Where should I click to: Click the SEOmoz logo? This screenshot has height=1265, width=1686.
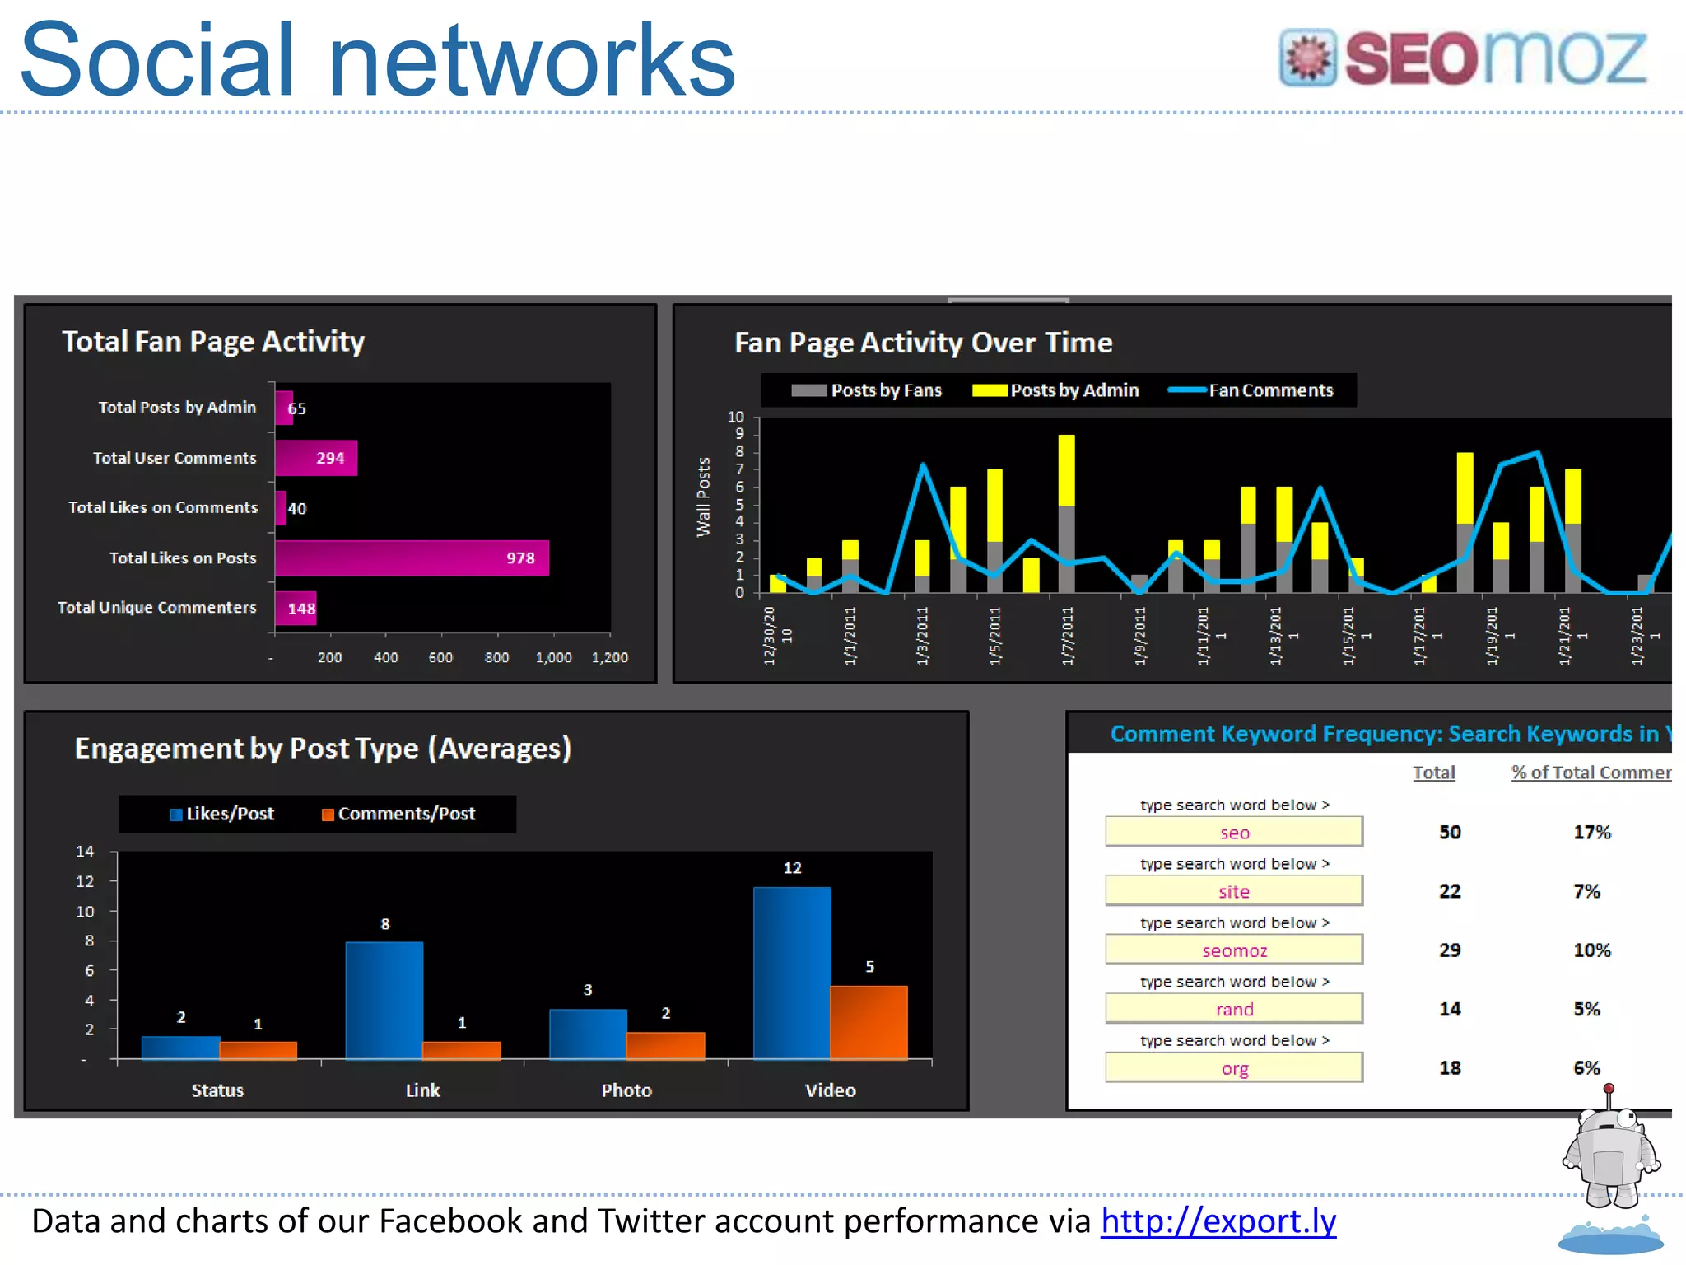(1462, 58)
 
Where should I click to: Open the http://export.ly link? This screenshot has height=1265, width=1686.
(1218, 1221)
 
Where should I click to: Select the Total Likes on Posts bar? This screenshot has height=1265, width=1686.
(412, 558)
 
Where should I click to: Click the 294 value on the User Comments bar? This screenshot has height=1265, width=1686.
(330, 458)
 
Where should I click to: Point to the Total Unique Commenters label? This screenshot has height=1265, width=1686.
(156, 608)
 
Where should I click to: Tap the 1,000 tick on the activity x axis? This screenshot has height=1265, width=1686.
(553, 657)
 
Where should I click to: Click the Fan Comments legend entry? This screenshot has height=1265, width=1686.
(1251, 390)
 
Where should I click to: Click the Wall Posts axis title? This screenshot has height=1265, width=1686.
(703, 497)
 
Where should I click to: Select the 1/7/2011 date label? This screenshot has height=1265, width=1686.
(1067, 635)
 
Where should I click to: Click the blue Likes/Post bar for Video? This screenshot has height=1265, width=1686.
(791, 973)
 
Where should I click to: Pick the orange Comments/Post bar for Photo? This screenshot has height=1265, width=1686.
(665, 1044)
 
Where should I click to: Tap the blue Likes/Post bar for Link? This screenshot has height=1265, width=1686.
(384, 1000)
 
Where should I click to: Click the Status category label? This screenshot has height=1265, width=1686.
(217, 1090)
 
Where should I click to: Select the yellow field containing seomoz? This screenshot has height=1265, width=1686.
(1233, 950)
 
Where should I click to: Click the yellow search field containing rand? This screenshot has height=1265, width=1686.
(1233, 1009)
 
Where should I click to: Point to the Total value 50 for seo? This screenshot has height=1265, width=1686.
(1450, 833)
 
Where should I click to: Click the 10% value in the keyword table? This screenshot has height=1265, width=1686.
(1591, 950)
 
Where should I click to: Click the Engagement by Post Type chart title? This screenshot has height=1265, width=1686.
(323, 748)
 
